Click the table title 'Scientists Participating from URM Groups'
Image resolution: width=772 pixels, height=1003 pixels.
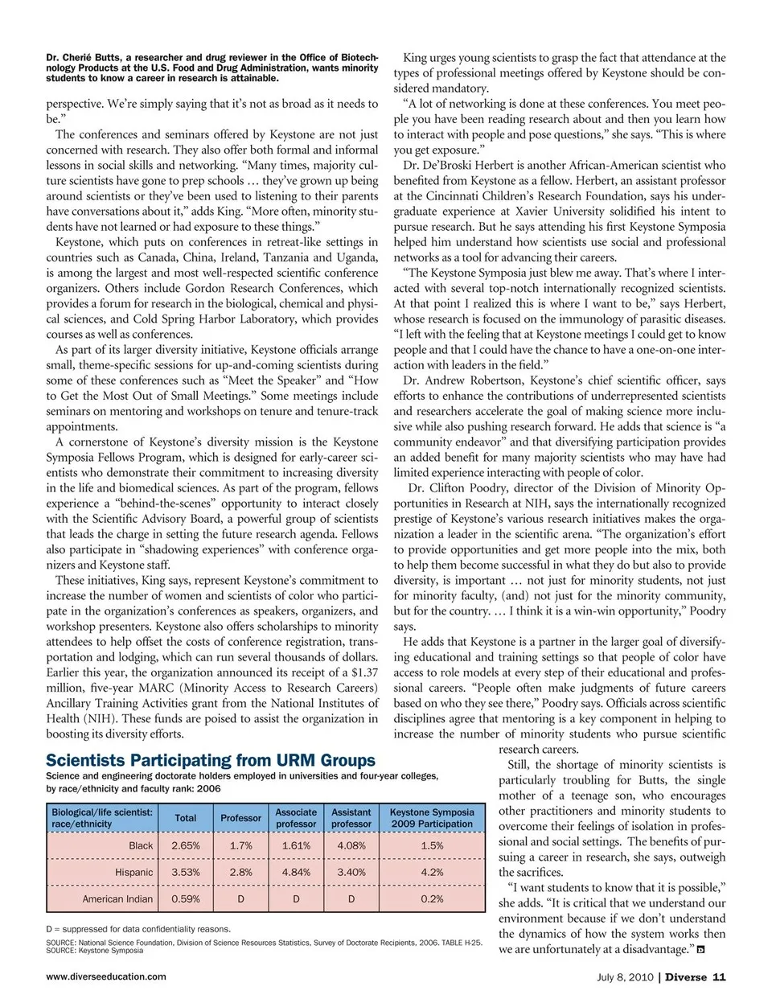point(211,761)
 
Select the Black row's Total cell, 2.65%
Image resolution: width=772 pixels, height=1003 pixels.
point(186,845)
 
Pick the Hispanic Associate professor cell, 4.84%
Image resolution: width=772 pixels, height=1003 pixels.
point(296,872)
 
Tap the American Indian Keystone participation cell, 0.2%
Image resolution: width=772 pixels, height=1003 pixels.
point(432,898)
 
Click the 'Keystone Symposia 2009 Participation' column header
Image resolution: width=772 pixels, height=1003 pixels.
point(432,818)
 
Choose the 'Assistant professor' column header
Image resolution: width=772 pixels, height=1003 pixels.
point(351,818)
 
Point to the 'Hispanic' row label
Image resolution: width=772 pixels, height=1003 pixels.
point(133,872)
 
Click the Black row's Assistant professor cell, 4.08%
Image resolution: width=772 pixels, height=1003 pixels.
point(351,845)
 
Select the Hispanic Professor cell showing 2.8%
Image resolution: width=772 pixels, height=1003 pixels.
point(240,872)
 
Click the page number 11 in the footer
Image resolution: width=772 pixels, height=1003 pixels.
point(720,977)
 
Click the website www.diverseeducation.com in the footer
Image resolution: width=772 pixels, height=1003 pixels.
point(106,976)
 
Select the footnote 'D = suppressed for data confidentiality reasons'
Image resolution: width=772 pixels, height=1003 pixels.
point(138,929)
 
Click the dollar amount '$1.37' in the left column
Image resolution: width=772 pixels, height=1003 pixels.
point(362,672)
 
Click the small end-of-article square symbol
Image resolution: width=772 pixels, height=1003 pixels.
point(700,950)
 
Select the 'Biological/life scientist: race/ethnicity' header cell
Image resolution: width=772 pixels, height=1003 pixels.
point(102,818)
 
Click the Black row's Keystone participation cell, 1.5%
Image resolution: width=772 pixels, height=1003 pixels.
point(432,845)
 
